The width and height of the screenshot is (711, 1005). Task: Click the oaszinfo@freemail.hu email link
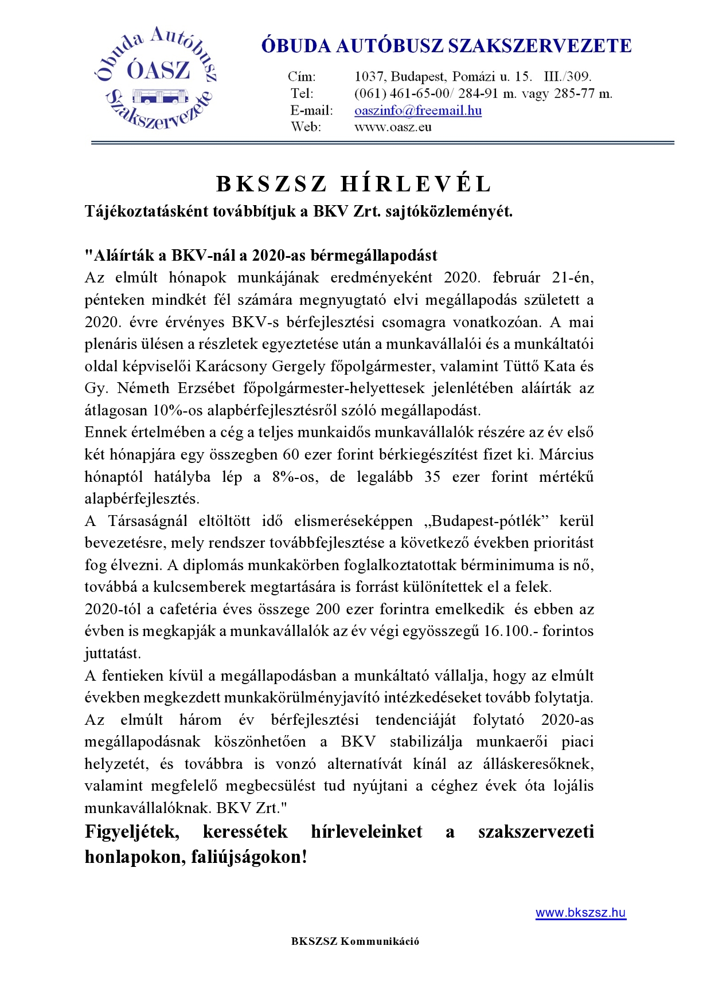tap(417, 111)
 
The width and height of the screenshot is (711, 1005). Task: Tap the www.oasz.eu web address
tap(392, 127)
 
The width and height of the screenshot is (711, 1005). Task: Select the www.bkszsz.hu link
tap(580, 913)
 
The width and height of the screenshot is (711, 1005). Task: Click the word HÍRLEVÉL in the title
tap(416, 184)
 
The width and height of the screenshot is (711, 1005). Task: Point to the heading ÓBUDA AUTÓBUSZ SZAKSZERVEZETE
tap(446, 46)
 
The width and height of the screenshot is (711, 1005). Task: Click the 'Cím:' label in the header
tap(302, 77)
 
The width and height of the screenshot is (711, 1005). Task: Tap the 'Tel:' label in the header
tap(302, 93)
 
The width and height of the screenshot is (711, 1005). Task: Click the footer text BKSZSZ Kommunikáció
tap(355, 941)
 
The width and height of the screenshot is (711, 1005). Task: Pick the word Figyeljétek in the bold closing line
tap(132, 831)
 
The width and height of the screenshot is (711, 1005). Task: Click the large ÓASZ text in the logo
tap(158, 70)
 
